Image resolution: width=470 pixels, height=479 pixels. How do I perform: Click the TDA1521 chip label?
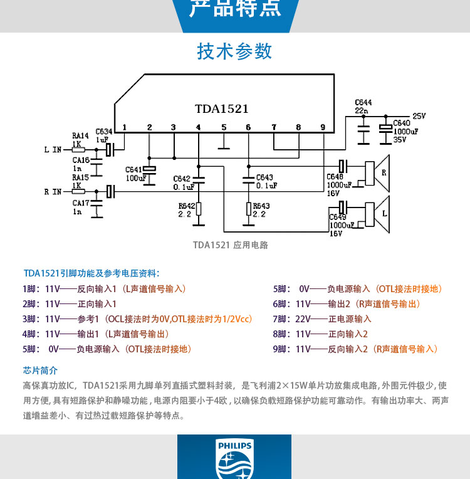221,108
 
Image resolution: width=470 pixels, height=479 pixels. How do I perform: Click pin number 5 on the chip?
224,127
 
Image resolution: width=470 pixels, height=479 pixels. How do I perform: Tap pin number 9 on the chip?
323,127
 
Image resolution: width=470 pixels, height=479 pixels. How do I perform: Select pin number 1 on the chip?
125,127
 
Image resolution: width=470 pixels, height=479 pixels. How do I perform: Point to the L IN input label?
53,150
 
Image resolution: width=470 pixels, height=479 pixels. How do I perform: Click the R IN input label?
53,191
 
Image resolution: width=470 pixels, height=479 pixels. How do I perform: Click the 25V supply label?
419,116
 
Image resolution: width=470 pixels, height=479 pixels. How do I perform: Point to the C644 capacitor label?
363,102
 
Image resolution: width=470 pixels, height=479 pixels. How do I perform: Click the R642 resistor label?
186,205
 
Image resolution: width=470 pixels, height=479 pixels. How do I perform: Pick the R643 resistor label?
261,205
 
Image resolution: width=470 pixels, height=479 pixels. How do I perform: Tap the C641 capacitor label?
134,170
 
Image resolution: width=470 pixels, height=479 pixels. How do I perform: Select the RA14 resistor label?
80,135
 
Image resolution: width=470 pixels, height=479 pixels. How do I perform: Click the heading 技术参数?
235,51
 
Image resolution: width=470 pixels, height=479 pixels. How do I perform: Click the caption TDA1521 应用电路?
230,245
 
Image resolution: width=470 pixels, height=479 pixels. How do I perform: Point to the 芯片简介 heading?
40,370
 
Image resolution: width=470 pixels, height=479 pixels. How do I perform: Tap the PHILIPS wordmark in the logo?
235,446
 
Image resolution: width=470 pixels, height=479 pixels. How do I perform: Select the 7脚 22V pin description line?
322,318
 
